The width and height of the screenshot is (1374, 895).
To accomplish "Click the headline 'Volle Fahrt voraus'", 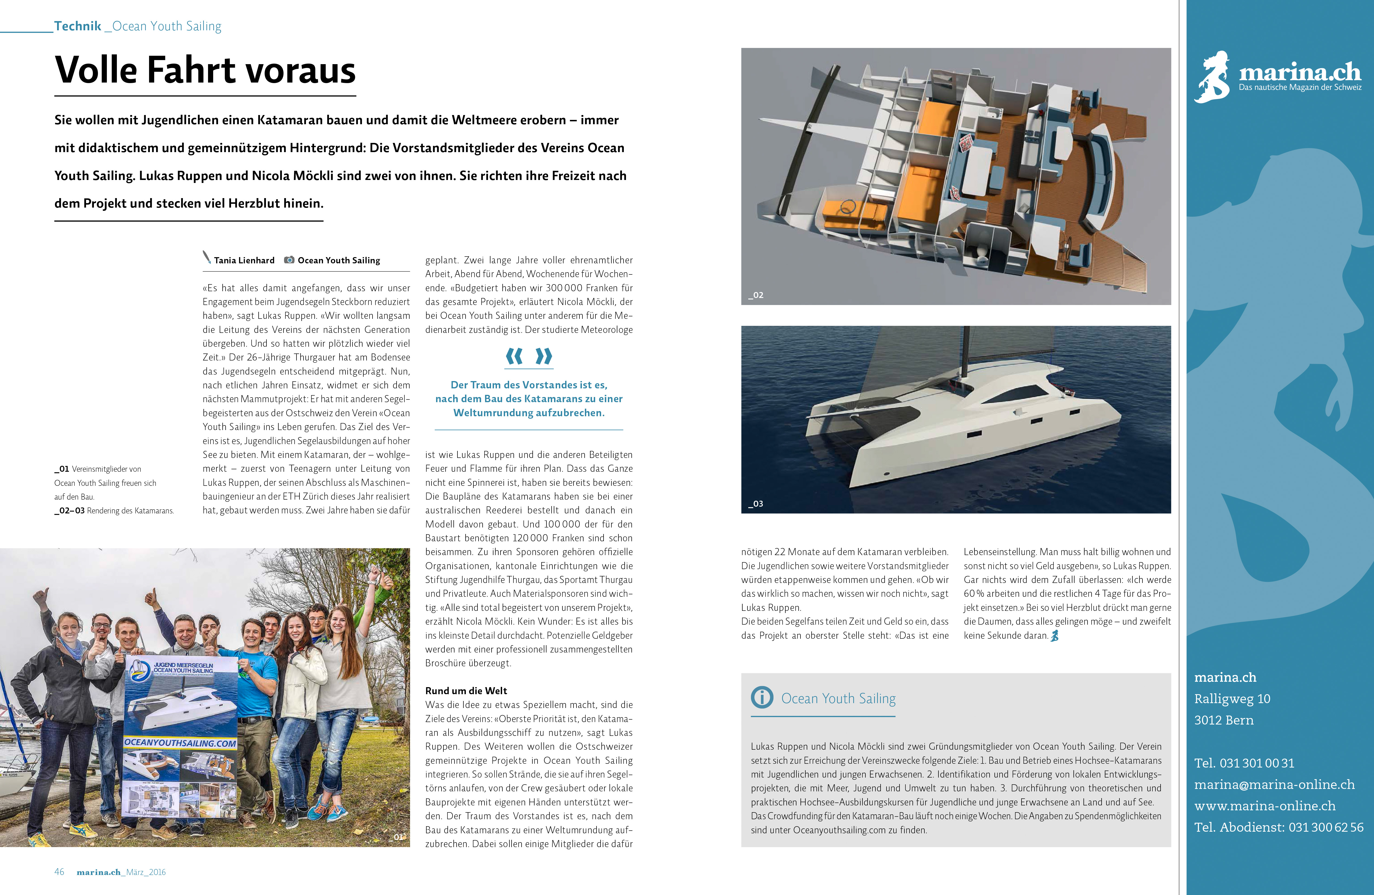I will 205,70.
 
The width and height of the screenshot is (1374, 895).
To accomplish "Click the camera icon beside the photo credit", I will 289,260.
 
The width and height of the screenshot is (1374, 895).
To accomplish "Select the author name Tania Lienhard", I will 244,260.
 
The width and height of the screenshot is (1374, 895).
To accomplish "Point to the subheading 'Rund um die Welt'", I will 466,691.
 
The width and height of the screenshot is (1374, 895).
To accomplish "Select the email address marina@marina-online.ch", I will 1274,784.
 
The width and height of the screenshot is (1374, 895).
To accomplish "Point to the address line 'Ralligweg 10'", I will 1232,699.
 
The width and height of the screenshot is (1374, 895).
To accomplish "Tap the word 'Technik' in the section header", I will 77,26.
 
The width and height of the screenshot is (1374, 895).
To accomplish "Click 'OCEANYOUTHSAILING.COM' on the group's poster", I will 180,743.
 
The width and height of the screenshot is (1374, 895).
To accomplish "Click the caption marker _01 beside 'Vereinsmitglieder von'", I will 62,469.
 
